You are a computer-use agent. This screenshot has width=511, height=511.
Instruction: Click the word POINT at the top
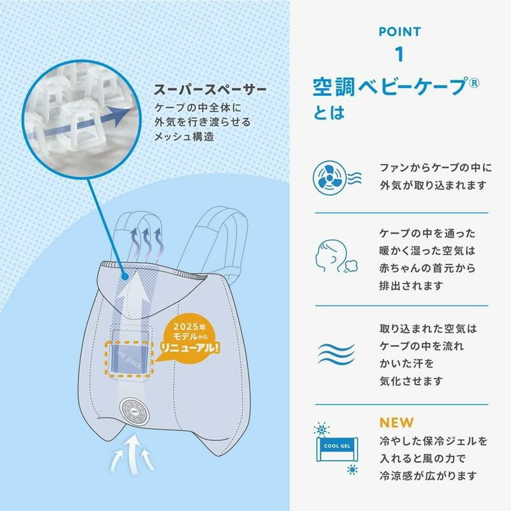point(400,31)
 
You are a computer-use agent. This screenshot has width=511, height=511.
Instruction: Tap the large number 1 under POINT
point(399,54)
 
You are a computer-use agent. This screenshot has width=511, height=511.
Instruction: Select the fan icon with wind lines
point(337,178)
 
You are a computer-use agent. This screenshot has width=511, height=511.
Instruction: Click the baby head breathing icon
point(336,256)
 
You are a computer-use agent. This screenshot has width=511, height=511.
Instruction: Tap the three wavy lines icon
point(336,354)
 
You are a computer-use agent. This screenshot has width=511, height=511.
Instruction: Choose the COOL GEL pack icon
point(337,448)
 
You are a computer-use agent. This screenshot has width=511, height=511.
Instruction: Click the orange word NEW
point(396,423)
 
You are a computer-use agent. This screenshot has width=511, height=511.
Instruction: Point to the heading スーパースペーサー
point(210,89)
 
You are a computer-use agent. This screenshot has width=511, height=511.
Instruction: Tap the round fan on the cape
point(135,410)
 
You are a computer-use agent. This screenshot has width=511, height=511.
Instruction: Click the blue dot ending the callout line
point(124,277)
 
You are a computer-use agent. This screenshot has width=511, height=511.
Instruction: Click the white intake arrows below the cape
point(132,454)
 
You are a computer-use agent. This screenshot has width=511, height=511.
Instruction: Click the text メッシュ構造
point(184,137)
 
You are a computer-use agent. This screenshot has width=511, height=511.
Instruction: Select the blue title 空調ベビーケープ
point(390,87)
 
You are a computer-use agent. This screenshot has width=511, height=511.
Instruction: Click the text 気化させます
point(411,381)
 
